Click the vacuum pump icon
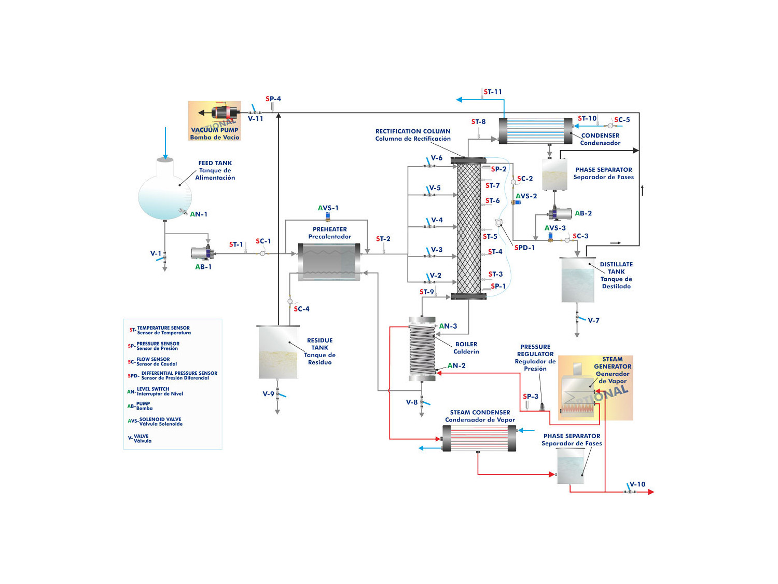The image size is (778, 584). (x=225, y=112)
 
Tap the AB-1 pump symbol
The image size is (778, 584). (x=202, y=253)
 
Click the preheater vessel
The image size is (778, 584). (x=329, y=262)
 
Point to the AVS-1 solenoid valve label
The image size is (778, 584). (x=328, y=208)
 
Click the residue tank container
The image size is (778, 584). (x=278, y=352)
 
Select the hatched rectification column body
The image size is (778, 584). (x=469, y=228)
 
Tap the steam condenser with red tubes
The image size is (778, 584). (x=479, y=438)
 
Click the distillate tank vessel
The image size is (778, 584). (x=577, y=280)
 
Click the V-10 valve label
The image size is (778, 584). (x=637, y=484)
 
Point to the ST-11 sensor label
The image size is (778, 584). (x=493, y=92)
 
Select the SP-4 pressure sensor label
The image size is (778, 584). (x=273, y=99)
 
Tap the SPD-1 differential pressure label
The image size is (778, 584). (x=524, y=248)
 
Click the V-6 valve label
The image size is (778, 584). (x=437, y=158)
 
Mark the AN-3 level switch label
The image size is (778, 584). (x=448, y=326)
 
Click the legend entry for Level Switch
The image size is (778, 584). (x=156, y=391)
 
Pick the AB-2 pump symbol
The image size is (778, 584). (x=560, y=213)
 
